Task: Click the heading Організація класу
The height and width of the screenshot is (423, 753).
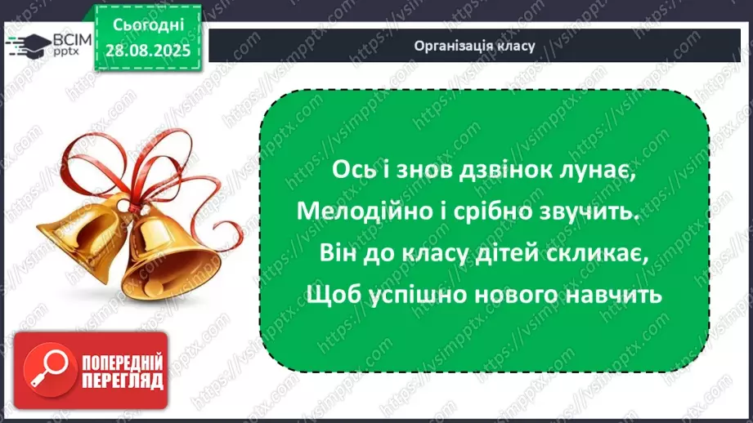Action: pyautogui.click(x=474, y=46)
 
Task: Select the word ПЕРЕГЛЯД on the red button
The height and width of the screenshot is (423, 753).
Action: pyautogui.click(x=122, y=381)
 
